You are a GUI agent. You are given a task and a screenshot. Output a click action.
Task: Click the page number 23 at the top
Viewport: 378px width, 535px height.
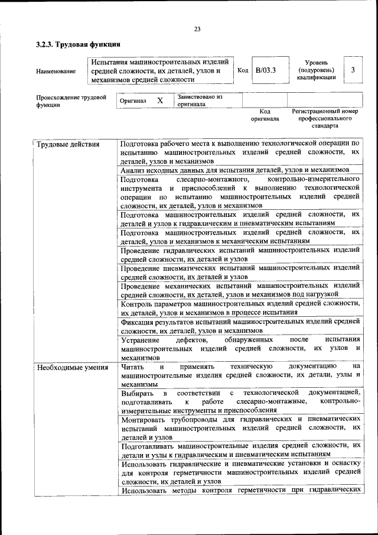point(197,30)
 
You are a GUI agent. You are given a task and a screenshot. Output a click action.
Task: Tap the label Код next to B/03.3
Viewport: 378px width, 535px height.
point(242,70)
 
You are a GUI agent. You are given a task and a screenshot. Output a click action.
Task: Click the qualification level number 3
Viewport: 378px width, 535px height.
point(353,70)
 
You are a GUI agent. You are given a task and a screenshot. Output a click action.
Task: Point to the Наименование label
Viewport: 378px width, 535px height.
point(56,72)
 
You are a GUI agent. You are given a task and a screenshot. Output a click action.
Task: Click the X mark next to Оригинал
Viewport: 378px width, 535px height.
point(159,100)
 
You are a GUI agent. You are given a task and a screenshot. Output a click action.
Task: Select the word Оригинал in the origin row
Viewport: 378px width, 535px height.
point(133,101)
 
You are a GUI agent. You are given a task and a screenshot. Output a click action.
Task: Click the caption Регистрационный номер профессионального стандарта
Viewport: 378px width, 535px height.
point(325,118)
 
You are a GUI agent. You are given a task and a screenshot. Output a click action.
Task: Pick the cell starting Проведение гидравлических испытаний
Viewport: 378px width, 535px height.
point(239,254)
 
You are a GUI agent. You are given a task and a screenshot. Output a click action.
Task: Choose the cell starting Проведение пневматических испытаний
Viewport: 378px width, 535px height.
point(239,272)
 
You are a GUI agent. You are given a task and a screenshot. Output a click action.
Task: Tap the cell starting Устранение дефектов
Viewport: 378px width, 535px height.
point(239,349)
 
